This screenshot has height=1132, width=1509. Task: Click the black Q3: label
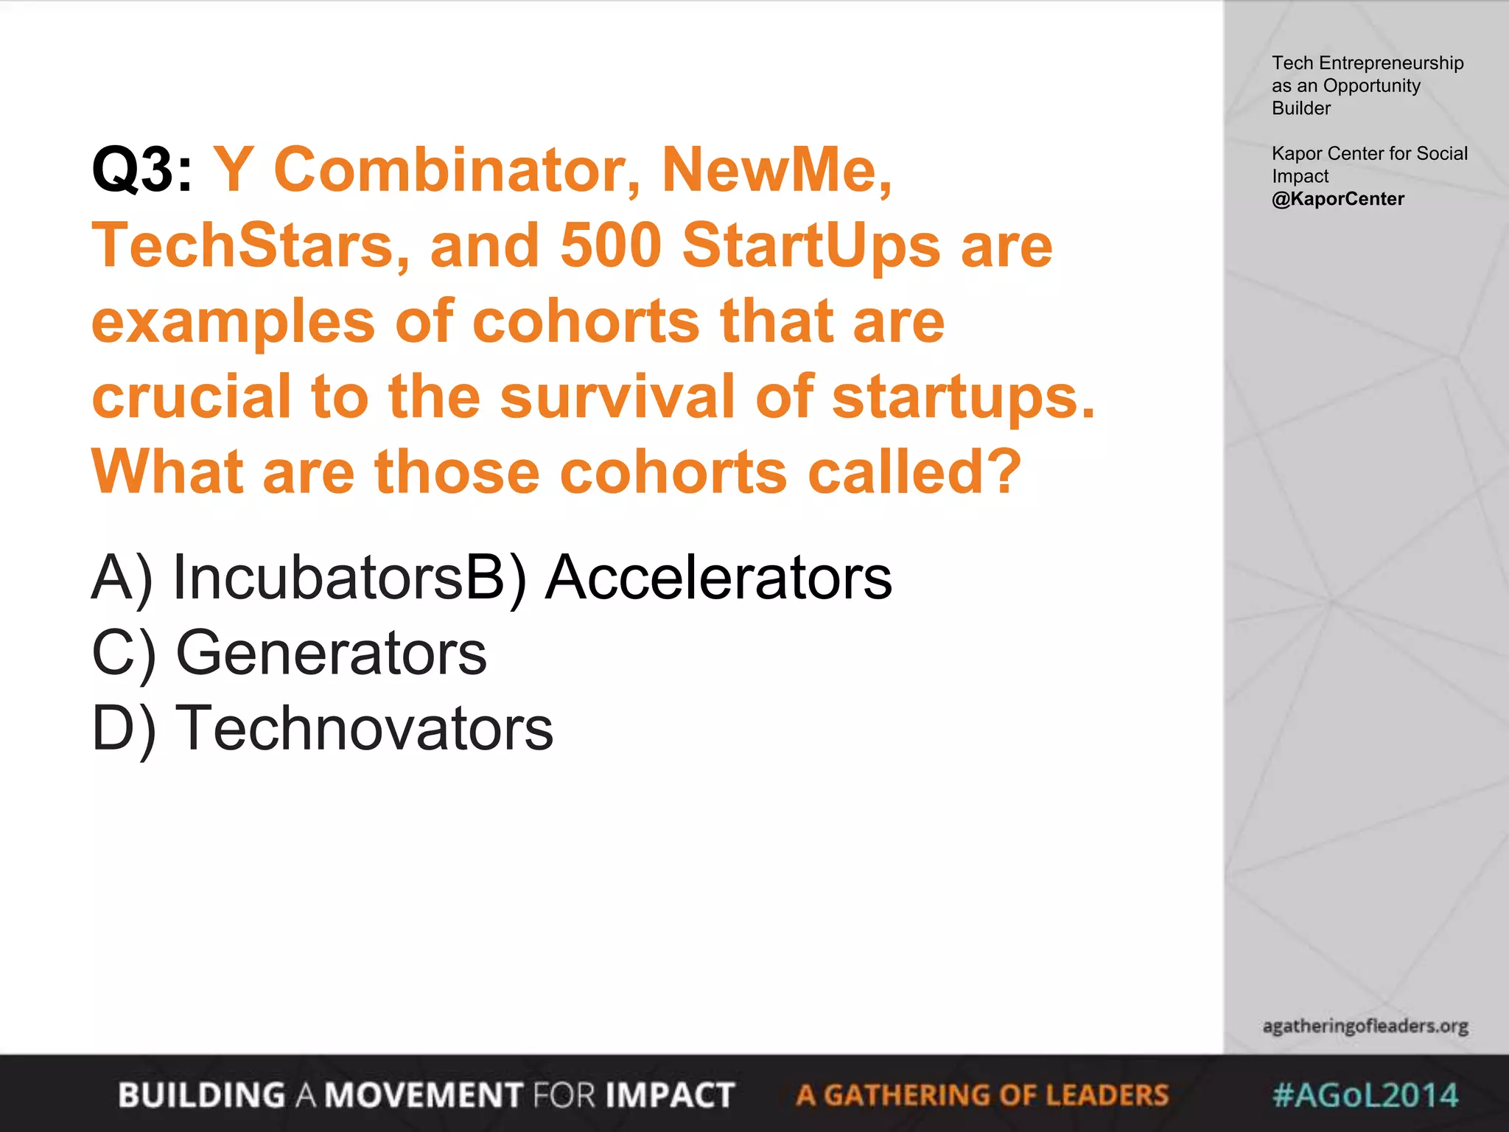point(141,170)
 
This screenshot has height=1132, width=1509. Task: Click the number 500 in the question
point(611,245)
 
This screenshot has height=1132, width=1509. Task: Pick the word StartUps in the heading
point(811,245)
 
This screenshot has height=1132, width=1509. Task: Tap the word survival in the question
point(617,396)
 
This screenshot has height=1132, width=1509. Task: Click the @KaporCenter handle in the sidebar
point(1338,199)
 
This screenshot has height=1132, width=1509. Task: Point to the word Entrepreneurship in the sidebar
point(1391,63)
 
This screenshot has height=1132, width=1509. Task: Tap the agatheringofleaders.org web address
point(1365,1026)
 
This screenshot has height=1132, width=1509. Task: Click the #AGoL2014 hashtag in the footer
point(1365,1095)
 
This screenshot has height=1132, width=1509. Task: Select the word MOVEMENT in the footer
point(424,1095)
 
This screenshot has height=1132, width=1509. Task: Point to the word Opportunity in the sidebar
point(1372,85)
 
